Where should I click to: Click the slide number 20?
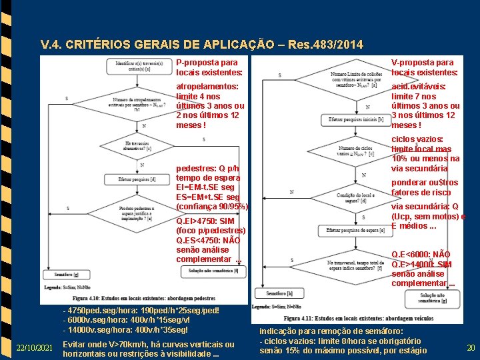point(471,347)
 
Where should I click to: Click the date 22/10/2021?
point(35,348)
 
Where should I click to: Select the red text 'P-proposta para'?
point(207,62)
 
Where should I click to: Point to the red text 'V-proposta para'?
point(422,62)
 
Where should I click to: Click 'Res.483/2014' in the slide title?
point(323,45)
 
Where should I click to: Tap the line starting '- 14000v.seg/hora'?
point(125,329)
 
